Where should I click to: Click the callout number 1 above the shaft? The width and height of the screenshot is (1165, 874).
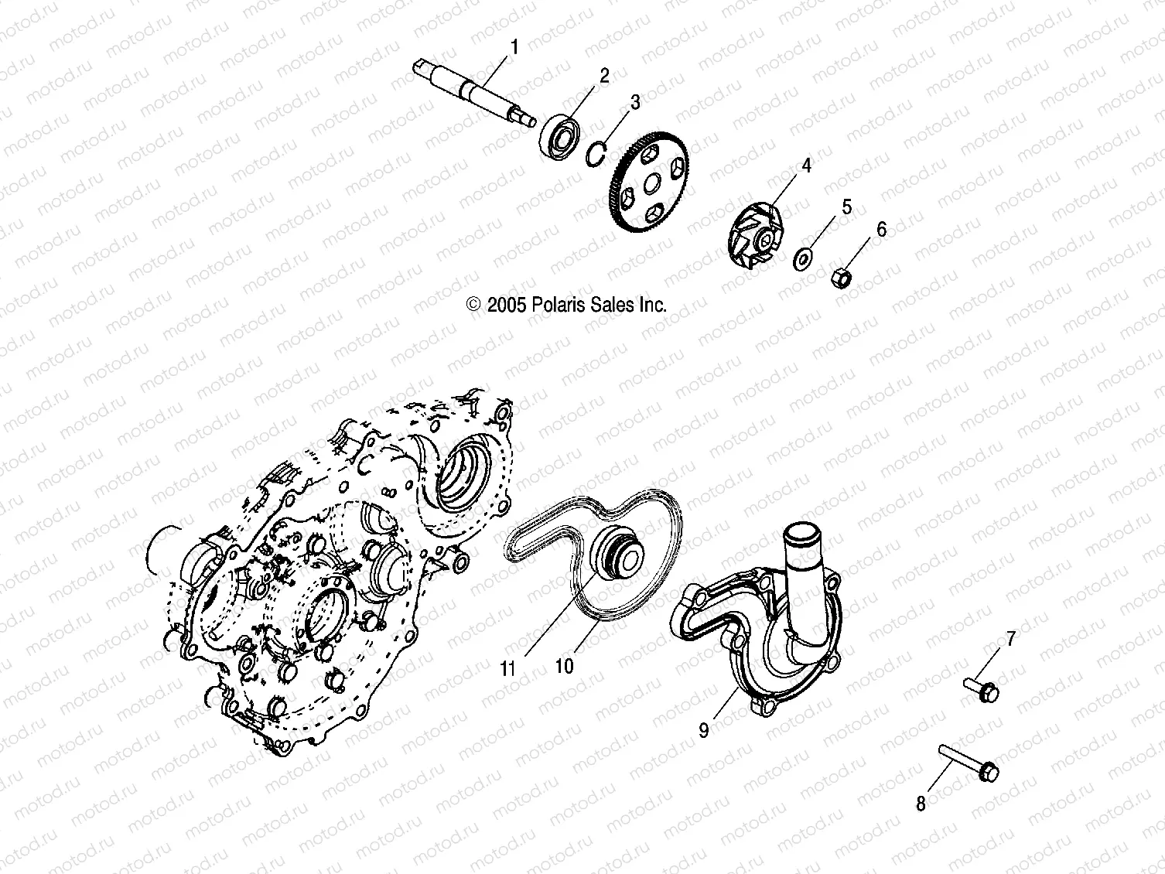[513, 47]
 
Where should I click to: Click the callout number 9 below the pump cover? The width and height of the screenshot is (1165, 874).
[704, 730]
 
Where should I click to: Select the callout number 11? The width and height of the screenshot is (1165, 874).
[507, 668]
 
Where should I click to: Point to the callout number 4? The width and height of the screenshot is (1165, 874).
[805, 166]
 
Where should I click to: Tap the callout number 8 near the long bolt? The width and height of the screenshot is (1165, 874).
[921, 804]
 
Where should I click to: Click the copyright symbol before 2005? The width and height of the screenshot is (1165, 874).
[474, 305]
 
